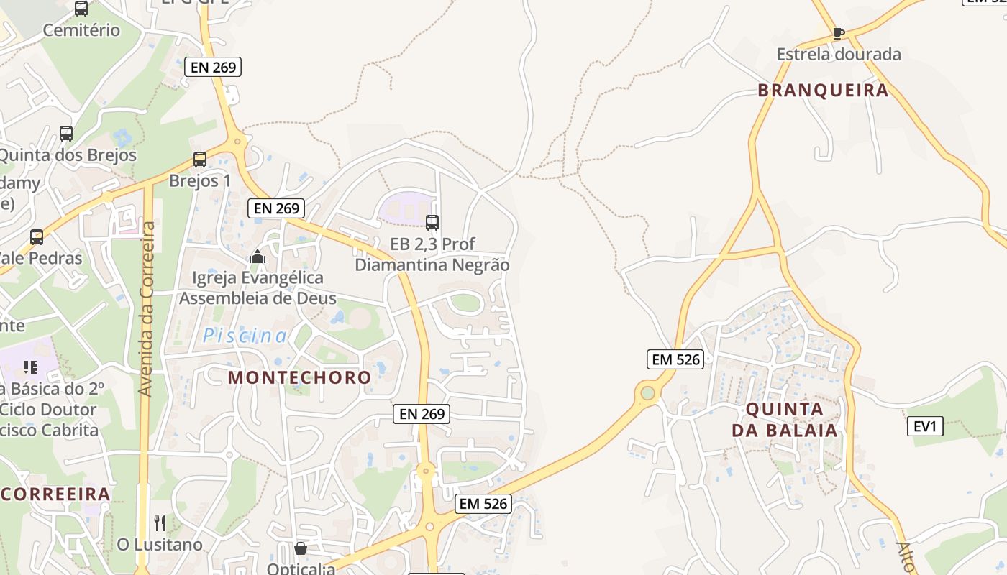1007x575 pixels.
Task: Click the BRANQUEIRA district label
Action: (x=823, y=91)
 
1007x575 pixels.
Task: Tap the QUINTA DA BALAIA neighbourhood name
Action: (x=785, y=420)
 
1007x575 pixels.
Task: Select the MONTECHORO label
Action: (x=299, y=377)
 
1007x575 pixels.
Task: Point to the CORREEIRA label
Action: (x=56, y=494)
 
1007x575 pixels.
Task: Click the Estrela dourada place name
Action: (x=838, y=54)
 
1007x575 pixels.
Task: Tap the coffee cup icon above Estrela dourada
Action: (x=838, y=32)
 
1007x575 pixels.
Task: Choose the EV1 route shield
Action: (x=924, y=426)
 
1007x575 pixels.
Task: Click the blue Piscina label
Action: (x=245, y=336)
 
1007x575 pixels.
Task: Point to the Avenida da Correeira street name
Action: (x=146, y=309)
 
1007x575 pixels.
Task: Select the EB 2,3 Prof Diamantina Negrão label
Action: (x=432, y=254)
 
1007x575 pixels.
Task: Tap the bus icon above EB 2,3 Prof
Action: (x=432, y=223)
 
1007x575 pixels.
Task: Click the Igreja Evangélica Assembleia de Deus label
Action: (x=258, y=287)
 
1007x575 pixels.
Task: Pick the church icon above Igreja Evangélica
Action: (x=258, y=257)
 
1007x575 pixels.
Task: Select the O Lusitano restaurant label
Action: (x=160, y=545)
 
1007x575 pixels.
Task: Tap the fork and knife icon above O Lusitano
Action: (x=160, y=523)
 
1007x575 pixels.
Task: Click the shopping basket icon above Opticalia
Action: (x=301, y=548)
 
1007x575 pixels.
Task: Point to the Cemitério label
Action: (x=81, y=30)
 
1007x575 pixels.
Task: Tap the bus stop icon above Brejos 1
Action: (x=200, y=160)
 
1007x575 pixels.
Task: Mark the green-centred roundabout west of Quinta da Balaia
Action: (x=647, y=392)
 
